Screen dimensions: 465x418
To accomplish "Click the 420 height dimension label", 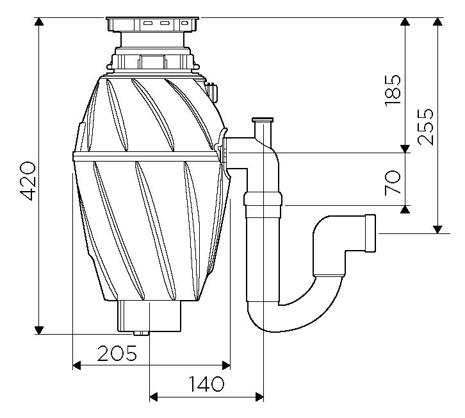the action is tap(28, 181).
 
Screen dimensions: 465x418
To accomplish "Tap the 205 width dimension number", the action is tap(117, 353).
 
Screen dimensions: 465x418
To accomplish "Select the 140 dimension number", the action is tap(206, 384).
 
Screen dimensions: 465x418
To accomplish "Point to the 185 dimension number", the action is tap(393, 90).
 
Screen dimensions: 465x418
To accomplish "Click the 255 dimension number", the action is tap(425, 127).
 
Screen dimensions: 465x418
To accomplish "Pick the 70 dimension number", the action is tap(393, 183).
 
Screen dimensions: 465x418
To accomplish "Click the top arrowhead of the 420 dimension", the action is tap(39, 22).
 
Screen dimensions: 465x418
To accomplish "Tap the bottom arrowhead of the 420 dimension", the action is tap(39, 330).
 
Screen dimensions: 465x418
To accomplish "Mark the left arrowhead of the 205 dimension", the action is tap(77, 365).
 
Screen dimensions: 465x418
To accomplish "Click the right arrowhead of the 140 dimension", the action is tap(259, 397).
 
